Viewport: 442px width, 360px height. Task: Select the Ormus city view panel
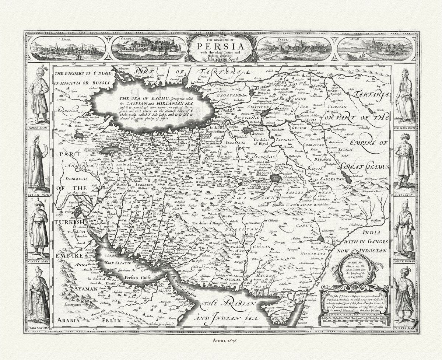tap(149, 48)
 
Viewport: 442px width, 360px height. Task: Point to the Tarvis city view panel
tap(294, 49)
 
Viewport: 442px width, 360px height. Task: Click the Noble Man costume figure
tap(38, 94)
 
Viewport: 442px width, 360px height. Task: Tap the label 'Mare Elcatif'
tap(117, 263)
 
